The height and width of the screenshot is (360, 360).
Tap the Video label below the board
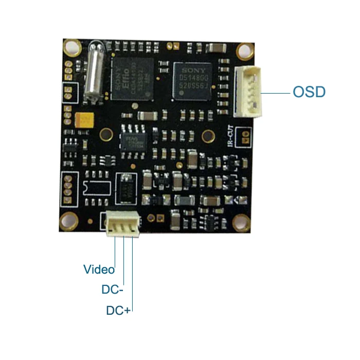point(99,268)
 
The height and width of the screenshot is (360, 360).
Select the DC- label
point(112,290)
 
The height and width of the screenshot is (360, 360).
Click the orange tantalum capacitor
point(84,119)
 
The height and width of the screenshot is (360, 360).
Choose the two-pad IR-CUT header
point(246,136)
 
